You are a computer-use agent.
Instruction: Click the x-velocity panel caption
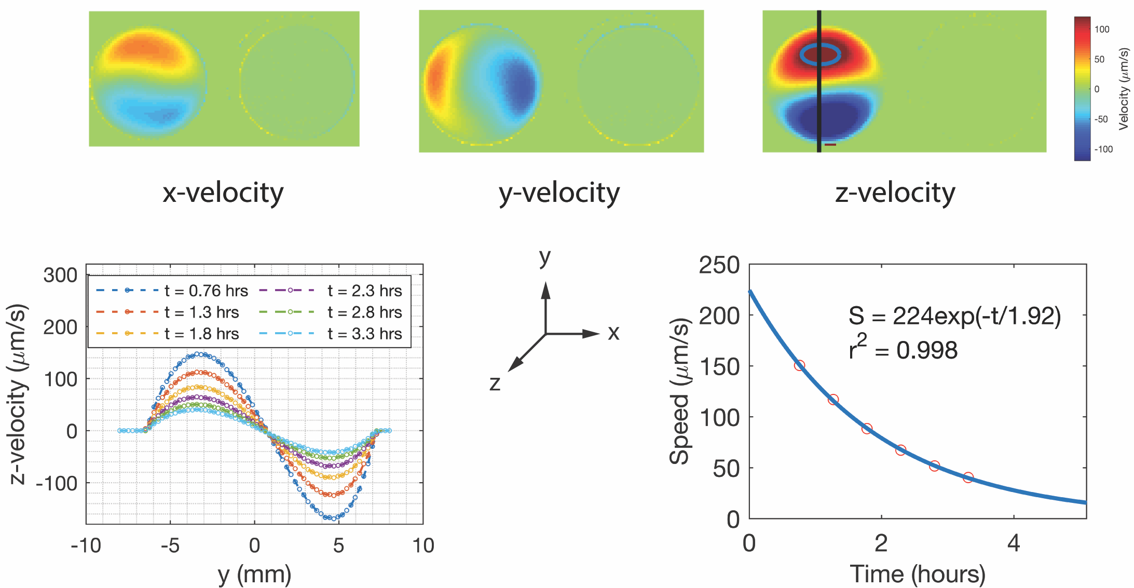tap(223, 193)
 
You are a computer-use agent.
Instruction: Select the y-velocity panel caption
tap(559, 193)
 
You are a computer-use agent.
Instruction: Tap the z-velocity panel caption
tap(895, 193)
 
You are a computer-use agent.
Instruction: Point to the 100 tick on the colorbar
tap(1101, 30)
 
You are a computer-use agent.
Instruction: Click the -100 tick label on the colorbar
tap(1103, 149)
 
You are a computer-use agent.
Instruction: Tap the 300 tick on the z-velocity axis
tap(60, 275)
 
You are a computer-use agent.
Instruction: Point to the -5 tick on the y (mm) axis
tap(170, 546)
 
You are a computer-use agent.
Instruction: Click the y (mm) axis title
tap(254, 575)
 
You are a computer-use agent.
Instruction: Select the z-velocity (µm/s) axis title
tap(18, 394)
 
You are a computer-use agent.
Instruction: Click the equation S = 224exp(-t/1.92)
tap(954, 316)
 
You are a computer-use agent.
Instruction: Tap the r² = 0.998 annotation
tap(903, 350)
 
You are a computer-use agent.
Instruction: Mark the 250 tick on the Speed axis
tap(719, 266)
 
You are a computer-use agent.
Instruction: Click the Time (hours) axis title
tap(918, 575)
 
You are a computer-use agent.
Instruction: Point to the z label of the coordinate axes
tap(495, 383)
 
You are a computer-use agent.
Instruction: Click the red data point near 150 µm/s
tap(800, 365)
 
